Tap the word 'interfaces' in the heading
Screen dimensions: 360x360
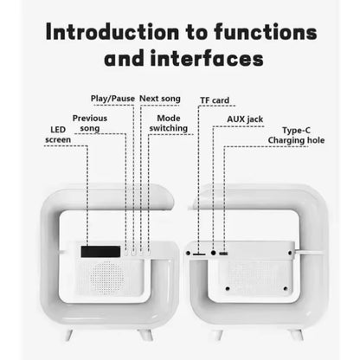point(209,61)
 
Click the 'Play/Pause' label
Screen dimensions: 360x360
point(113,99)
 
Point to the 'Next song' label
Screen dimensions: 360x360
point(160,99)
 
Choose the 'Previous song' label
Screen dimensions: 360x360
point(90,123)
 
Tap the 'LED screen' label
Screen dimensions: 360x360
point(58,134)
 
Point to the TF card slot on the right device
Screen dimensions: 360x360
point(199,254)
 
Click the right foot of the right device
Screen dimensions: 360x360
point(296,333)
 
